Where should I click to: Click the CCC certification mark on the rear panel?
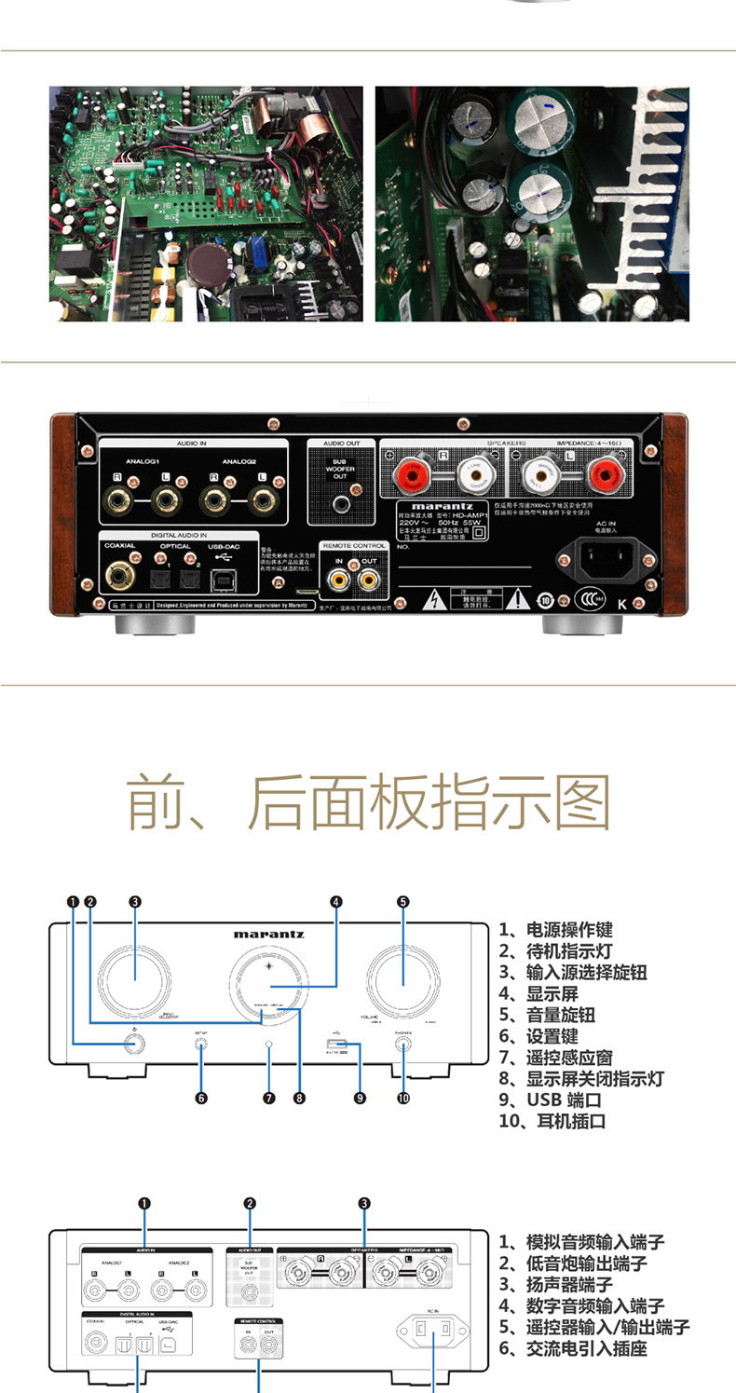click(x=588, y=599)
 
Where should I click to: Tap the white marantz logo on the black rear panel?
click(x=442, y=507)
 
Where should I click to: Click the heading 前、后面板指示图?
click(x=368, y=802)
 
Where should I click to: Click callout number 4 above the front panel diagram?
click(x=335, y=901)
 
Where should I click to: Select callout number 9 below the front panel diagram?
click(x=360, y=1099)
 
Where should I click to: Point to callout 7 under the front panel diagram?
click(x=269, y=1099)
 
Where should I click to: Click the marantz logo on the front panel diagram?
click(x=268, y=933)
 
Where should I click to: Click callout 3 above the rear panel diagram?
click(x=364, y=1204)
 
